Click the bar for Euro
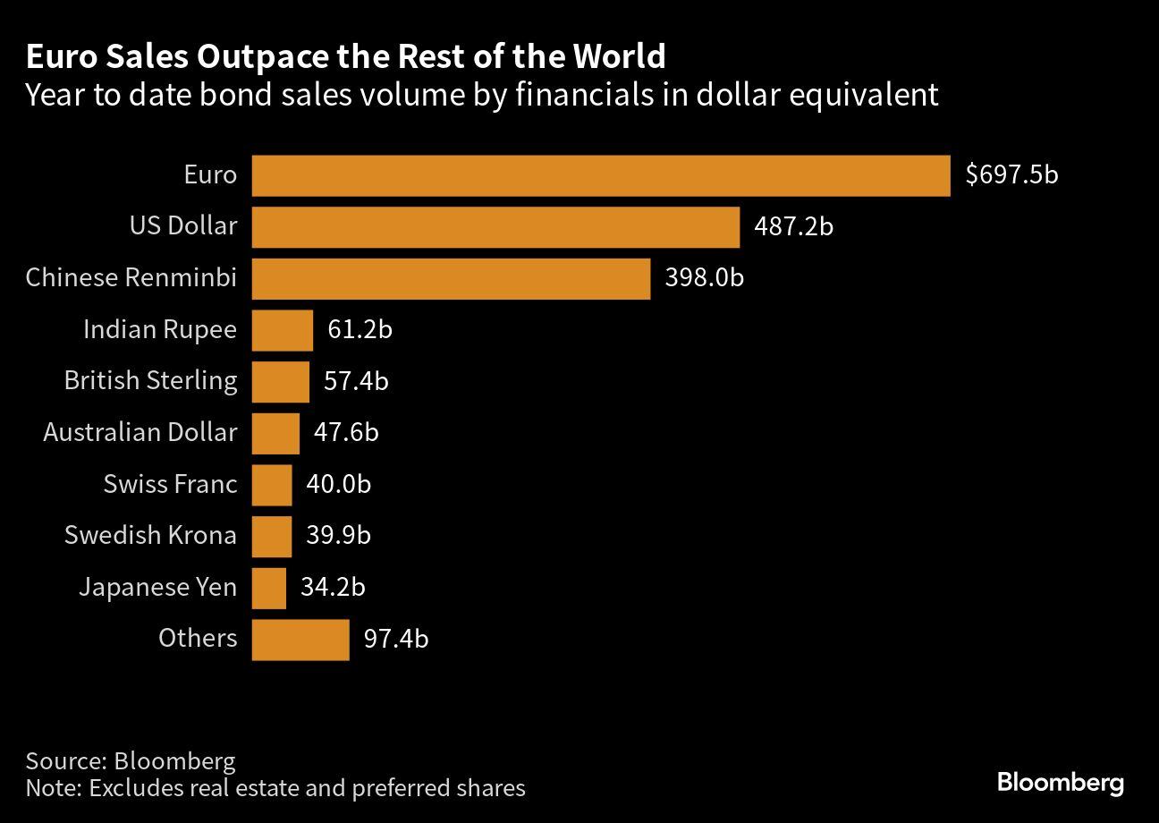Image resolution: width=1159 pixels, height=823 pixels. [x=600, y=175]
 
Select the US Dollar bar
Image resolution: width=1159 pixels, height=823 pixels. [x=495, y=227]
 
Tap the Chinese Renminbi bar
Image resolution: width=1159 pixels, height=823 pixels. [x=451, y=279]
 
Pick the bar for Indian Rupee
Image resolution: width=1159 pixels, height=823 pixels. [x=283, y=330]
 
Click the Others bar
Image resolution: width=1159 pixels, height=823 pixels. [x=300, y=640]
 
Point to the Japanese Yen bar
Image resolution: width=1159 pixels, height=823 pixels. [x=269, y=588]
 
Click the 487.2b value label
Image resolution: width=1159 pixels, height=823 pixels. [x=793, y=227]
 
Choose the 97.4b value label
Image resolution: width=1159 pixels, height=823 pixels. [x=395, y=640]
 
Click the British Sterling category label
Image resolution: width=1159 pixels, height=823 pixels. [x=150, y=381]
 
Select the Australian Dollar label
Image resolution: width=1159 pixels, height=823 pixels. [x=140, y=433]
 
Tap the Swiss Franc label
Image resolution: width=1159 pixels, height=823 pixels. [x=170, y=485]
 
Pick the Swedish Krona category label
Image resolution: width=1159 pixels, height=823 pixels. [x=150, y=536]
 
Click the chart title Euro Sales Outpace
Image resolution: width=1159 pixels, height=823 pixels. [x=345, y=57]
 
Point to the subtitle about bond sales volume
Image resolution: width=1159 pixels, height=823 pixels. [x=482, y=95]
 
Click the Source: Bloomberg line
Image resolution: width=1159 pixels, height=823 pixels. [x=131, y=761]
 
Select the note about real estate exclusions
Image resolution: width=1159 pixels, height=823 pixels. [x=275, y=788]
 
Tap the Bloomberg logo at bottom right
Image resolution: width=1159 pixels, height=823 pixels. [x=1061, y=784]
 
